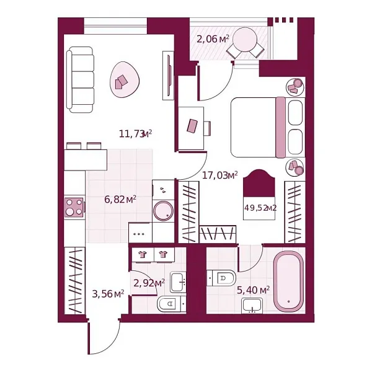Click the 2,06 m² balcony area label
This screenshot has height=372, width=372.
tap(213, 40)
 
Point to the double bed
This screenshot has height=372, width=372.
tap(267, 127)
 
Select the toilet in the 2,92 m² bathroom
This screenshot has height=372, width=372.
tap(170, 304)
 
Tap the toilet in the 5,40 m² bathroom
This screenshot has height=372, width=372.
tap(221, 277)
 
